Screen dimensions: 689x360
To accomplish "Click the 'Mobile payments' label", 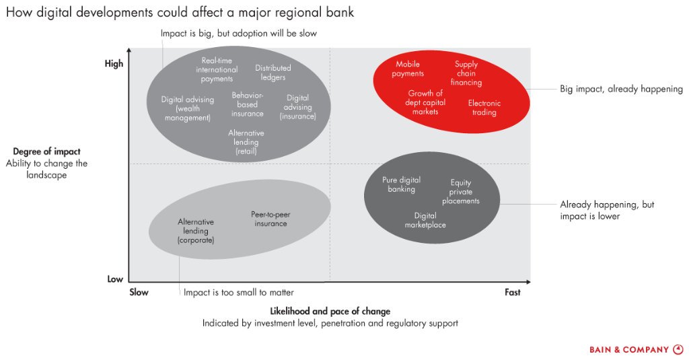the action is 408,69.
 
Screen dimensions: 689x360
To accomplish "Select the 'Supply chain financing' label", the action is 466,73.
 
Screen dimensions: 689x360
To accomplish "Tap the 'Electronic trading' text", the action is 484,108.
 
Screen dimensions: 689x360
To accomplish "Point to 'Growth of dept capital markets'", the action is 425,102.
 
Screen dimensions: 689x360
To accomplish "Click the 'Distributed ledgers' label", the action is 273,73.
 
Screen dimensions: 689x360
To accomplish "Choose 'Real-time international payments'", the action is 217,69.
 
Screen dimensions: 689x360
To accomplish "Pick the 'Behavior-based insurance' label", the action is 248,104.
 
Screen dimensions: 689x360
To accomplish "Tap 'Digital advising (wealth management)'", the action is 188,108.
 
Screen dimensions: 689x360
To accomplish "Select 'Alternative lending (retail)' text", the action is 246,142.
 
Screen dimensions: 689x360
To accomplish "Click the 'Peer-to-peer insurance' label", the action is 270,219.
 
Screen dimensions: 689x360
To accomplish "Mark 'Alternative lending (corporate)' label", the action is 196,231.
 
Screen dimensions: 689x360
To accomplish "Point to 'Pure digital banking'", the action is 401,184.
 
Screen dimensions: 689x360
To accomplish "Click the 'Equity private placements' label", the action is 460,192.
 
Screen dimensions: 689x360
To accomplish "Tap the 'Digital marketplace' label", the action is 425,220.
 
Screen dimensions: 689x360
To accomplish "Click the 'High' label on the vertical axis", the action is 114,64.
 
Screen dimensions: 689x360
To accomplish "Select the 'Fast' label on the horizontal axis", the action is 512,292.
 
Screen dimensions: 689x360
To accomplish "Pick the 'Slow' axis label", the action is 139,292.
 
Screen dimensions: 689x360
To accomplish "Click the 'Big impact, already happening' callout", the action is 621,89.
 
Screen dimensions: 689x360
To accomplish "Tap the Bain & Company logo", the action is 637,350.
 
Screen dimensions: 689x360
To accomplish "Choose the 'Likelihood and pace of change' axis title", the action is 330,311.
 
